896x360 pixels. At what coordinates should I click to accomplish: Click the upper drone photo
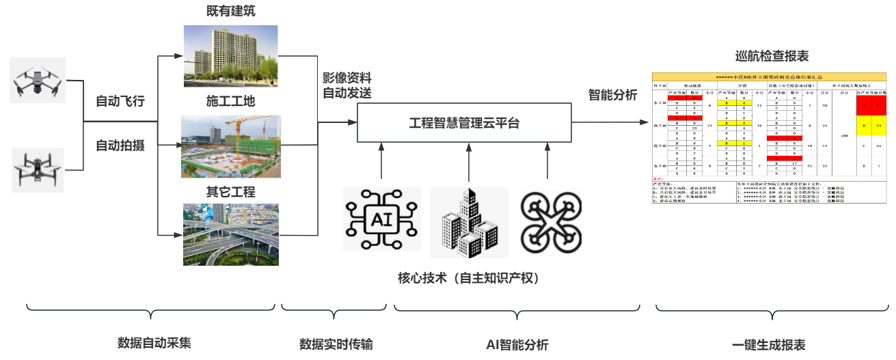38,80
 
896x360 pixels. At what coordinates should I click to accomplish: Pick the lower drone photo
38,169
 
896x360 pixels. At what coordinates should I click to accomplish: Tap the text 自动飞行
120,102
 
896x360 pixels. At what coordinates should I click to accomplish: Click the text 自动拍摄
120,146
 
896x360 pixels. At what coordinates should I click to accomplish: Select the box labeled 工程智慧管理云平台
464,124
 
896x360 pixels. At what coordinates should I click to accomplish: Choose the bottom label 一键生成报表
768,345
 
